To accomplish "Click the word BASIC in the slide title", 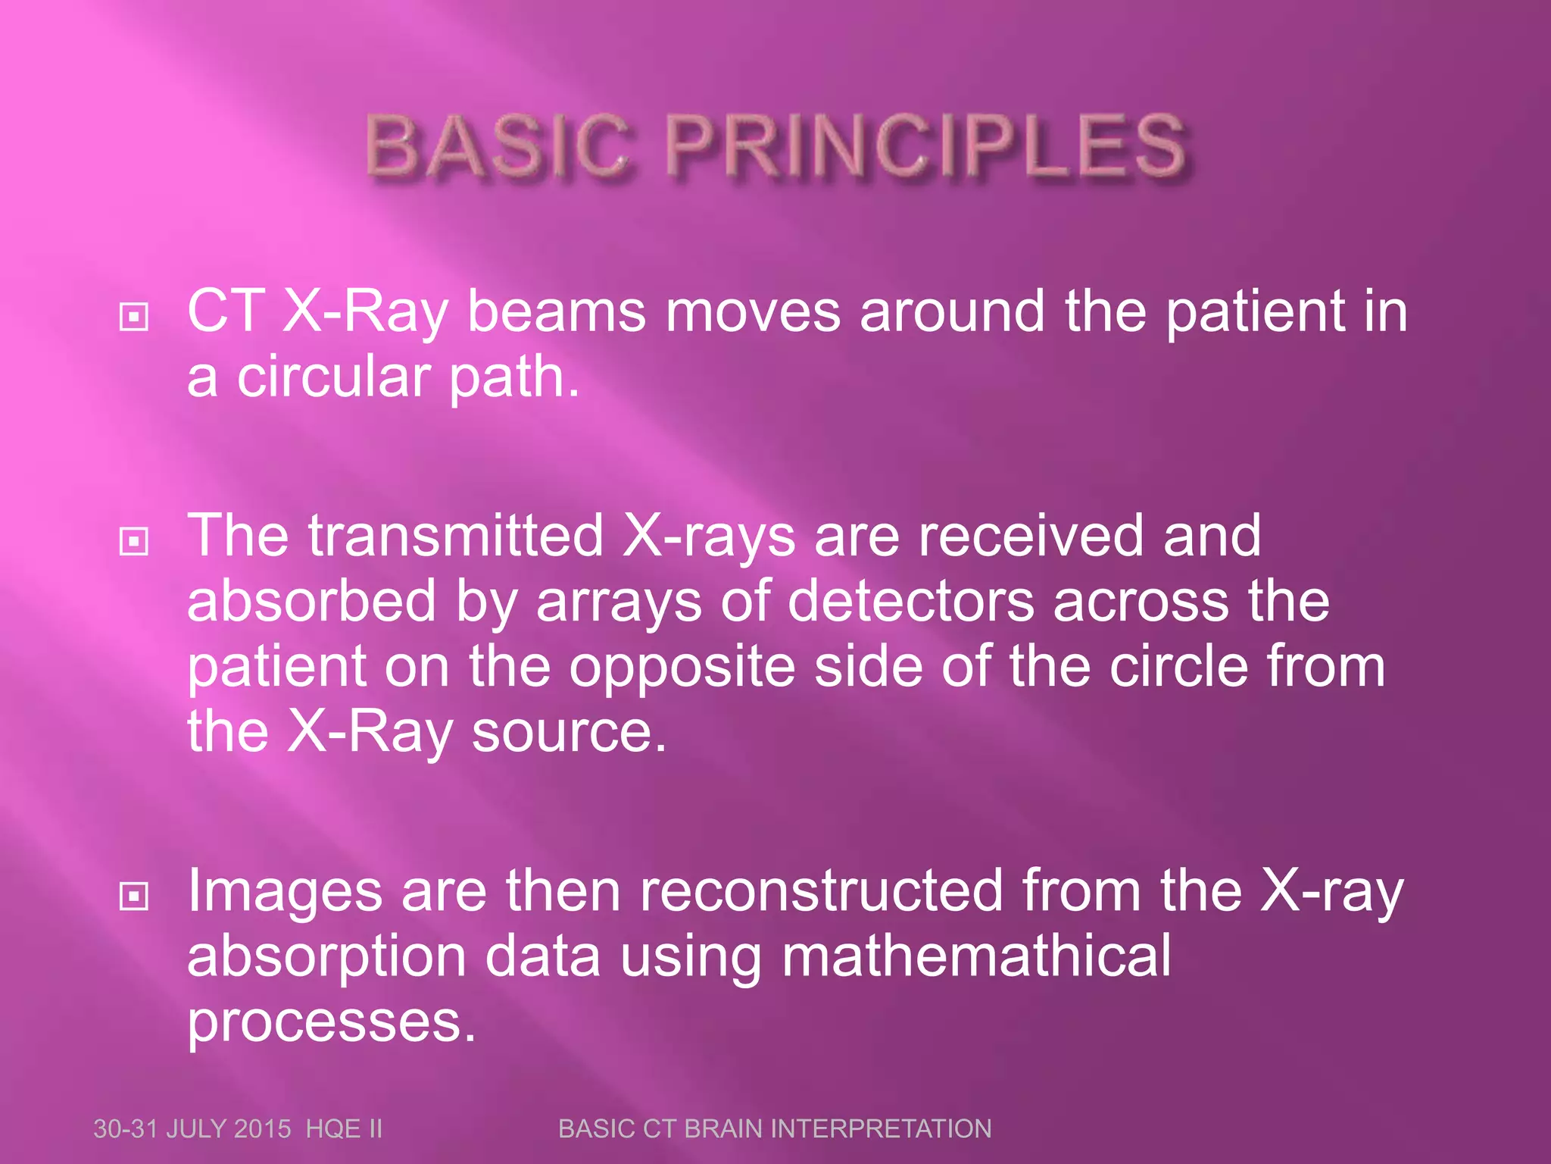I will point(496,145).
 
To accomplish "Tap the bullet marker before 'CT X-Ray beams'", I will point(134,317).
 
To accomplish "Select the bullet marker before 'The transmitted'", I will point(134,541).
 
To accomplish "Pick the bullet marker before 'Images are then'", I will point(134,896).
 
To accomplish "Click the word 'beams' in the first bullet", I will point(557,311).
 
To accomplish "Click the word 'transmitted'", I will point(455,536).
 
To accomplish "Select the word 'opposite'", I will point(682,667).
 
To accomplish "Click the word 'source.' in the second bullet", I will point(569,732).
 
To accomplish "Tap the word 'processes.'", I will point(332,1023).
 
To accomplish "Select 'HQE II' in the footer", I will point(344,1128).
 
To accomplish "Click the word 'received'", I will point(1031,536).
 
